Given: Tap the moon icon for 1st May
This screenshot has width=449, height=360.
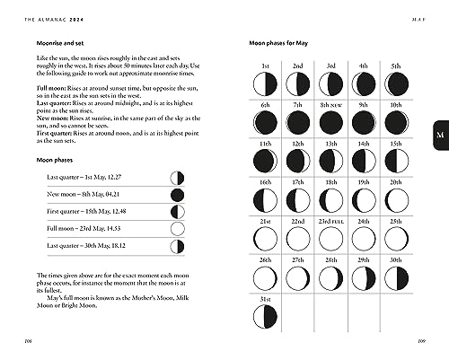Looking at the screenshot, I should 265,84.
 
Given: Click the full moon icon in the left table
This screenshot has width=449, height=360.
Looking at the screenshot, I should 177,230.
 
